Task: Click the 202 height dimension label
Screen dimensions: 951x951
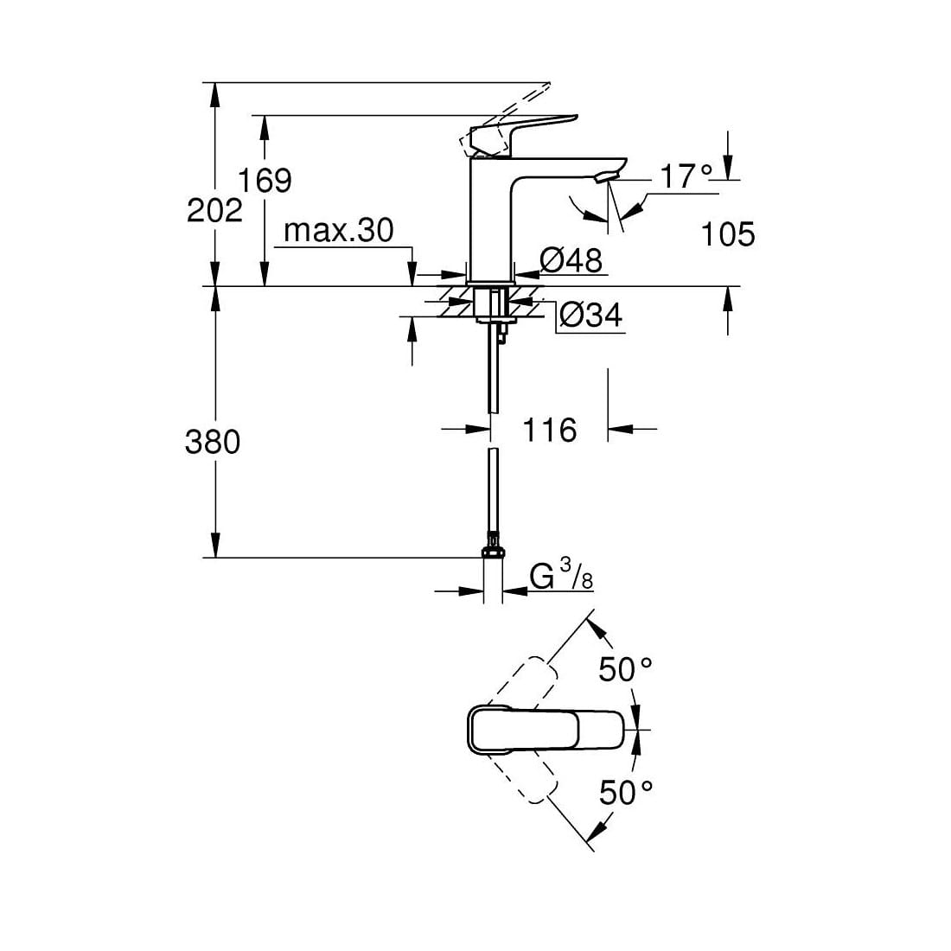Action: point(214,210)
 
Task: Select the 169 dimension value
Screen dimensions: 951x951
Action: point(265,180)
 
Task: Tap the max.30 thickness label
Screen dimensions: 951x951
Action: point(338,231)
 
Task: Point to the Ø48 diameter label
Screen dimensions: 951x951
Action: point(571,261)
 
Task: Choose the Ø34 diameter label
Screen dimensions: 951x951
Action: point(590,316)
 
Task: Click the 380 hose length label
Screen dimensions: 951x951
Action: point(213,442)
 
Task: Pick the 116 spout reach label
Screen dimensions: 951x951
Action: point(550,430)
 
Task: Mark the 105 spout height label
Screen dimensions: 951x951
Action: point(728,234)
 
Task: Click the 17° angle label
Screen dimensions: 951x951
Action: point(686,176)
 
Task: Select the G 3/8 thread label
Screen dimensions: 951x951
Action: point(561,576)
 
